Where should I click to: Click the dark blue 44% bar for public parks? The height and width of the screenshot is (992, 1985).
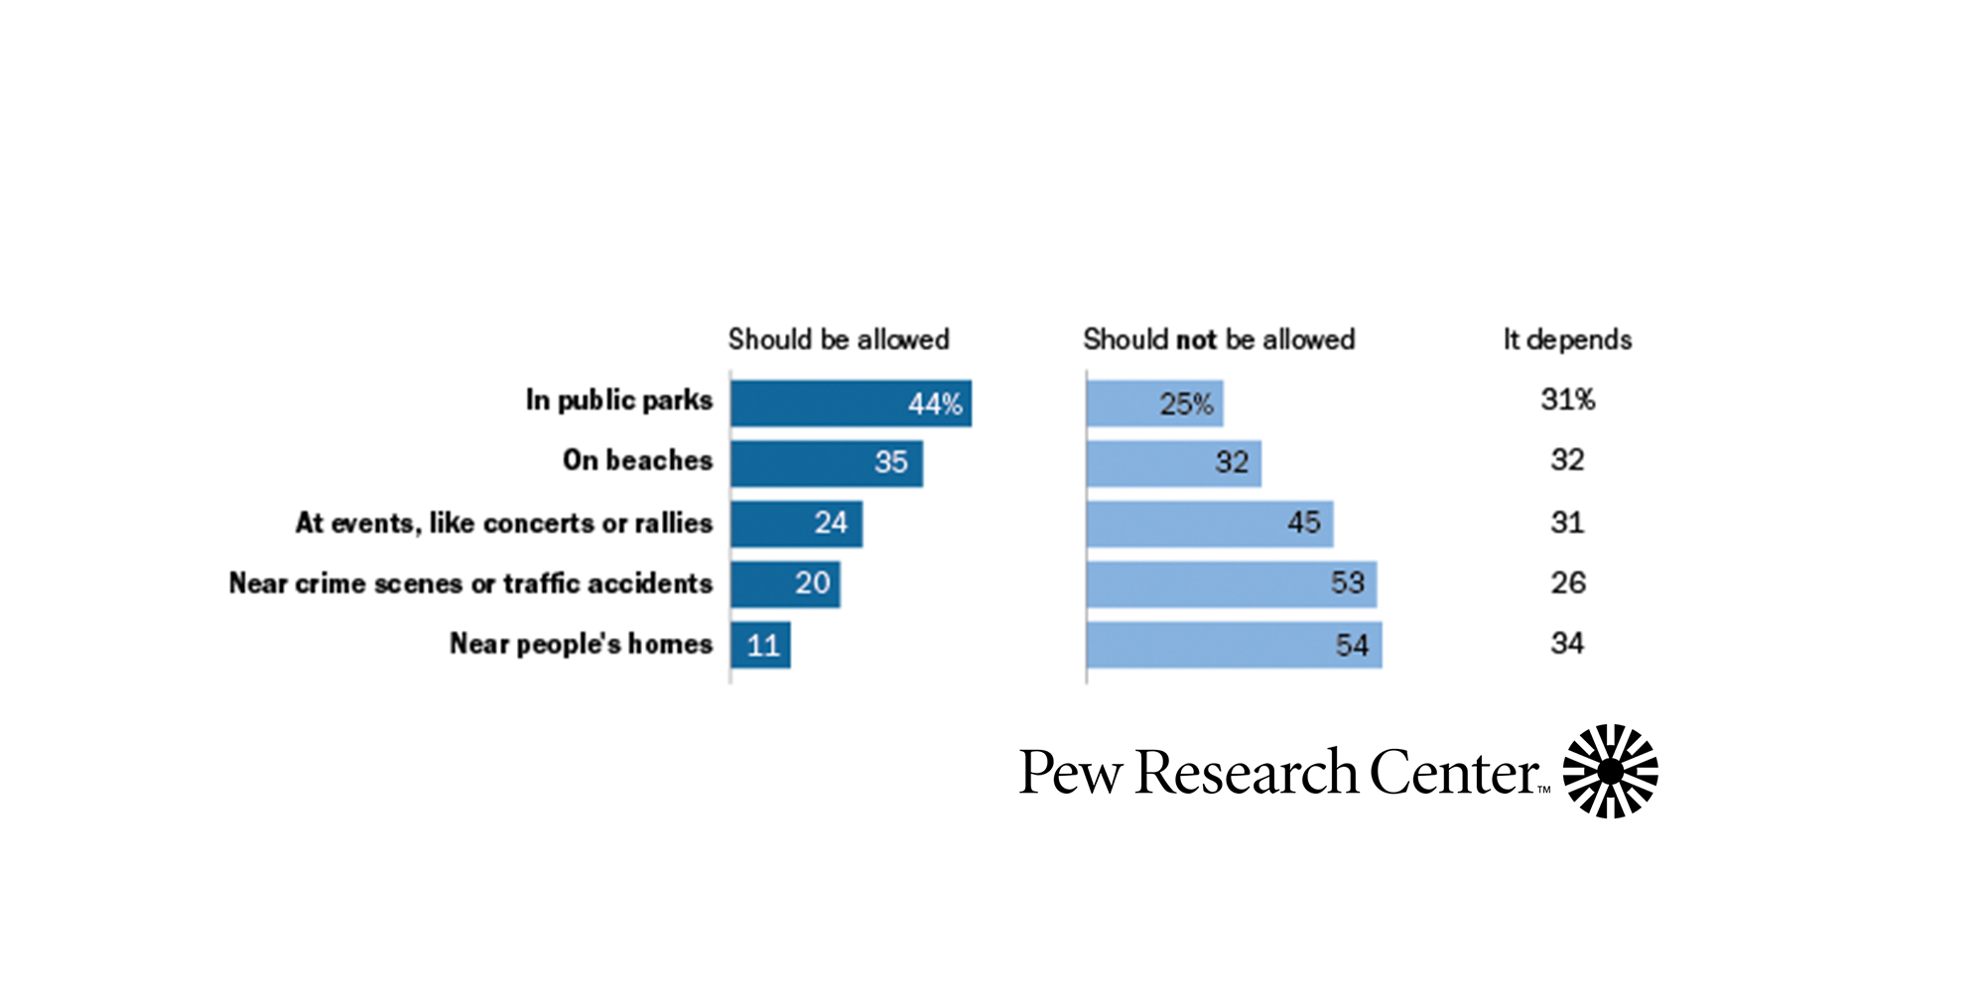point(851,404)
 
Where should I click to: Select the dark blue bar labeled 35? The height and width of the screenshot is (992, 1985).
point(826,463)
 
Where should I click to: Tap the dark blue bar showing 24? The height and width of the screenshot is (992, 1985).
point(796,524)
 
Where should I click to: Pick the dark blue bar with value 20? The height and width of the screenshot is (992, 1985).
point(785,584)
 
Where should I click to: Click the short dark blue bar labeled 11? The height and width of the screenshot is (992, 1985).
point(760,645)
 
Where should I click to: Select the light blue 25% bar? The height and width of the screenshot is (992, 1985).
point(1154,404)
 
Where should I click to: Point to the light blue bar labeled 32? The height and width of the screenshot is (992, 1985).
point(1173,463)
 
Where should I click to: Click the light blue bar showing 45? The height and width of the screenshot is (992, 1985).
point(1209,524)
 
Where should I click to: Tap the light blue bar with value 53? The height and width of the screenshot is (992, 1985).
point(1231,584)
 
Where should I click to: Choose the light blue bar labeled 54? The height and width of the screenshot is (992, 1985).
point(1234,645)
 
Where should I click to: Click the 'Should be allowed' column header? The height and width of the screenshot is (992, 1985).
point(839,339)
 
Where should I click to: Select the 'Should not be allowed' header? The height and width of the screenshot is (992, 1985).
point(1219,339)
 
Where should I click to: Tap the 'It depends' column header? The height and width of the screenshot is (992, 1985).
point(1567,339)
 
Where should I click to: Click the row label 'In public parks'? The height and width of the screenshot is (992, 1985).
point(619,400)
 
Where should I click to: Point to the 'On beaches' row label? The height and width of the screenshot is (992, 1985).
point(637,460)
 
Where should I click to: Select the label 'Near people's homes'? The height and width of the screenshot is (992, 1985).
point(581,644)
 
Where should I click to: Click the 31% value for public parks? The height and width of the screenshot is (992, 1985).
point(1567,400)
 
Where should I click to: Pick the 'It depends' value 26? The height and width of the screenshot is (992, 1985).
point(1567,582)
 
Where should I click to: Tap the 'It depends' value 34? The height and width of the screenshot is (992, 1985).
point(1567,644)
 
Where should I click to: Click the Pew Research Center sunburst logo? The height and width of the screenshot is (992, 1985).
point(1610,771)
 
